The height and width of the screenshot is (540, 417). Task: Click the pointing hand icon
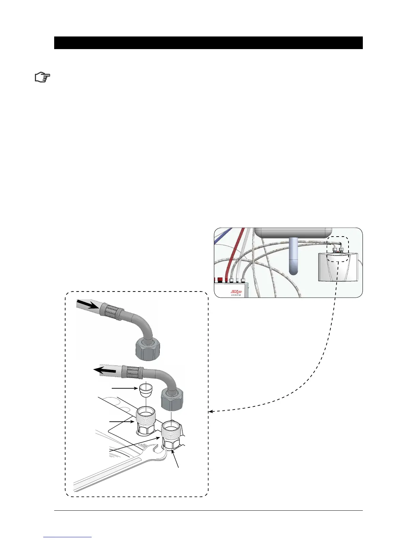click(x=43, y=77)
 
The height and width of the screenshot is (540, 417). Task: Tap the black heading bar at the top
click(x=208, y=43)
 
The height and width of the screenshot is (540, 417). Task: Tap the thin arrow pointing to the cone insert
click(x=124, y=388)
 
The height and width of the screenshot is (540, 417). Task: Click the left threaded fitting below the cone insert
click(x=146, y=422)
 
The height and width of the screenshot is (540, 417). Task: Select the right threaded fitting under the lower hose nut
click(x=172, y=435)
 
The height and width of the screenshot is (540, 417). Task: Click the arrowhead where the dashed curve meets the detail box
click(x=210, y=412)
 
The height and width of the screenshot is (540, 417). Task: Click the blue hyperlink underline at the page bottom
click(x=67, y=537)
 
